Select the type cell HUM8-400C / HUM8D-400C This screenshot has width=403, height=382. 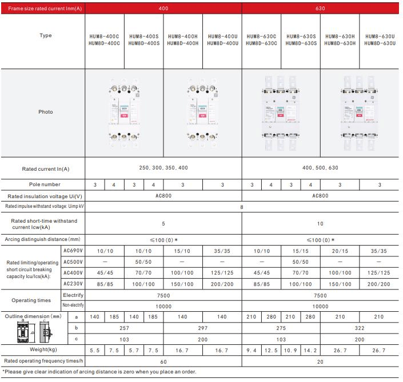[104, 39]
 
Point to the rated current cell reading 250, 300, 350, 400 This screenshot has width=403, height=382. [163, 168]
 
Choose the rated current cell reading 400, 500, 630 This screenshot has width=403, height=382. [321, 168]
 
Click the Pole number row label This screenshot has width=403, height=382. [45, 184]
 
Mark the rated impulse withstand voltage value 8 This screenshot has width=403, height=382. [242, 207]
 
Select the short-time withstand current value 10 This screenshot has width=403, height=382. [320, 223]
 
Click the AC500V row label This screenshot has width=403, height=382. [73, 262]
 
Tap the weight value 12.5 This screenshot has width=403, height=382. [272, 349]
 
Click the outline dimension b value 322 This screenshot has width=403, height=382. [359, 328]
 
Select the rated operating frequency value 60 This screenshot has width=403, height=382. [163, 361]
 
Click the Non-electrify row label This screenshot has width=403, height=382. [73, 305]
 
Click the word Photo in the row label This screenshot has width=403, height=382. [46, 112]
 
